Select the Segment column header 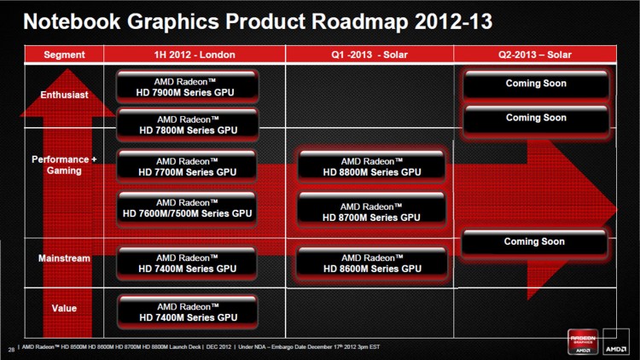pos(64,55)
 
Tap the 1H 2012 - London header pos(195,55)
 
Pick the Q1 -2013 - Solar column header pos(369,55)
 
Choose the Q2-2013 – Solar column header pos(536,55)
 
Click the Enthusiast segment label pos(64,95)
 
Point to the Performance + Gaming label pos(64,165)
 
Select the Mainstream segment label pos(64,258)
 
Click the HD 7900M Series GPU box pos(187,87)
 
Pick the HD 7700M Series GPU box pos(187,166)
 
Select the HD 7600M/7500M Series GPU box pos(187,208)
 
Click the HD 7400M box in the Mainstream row pos(187,263)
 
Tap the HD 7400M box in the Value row pos(187,311)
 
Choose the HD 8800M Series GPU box pos(371,166)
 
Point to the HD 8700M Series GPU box pos(371,212)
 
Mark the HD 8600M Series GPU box pos(371,263)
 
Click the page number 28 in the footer pos(10,348)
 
